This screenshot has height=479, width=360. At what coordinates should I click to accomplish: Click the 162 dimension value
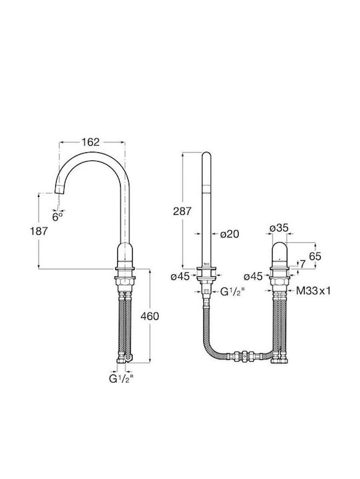[91, 142]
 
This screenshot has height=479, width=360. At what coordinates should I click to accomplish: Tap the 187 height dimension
[39, 232]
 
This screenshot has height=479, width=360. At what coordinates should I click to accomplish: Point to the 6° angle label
[57, 217]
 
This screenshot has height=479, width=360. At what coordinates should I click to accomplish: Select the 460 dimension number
[150, 316]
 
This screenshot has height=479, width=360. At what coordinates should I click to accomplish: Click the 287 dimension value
[182, 211]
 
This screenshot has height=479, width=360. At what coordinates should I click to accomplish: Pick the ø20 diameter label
[229, 234]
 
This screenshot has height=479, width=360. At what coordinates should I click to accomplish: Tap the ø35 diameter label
[279, 228]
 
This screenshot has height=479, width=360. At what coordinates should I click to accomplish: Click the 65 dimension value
[315, 256]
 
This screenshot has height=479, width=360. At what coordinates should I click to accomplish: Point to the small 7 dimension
[303, 264]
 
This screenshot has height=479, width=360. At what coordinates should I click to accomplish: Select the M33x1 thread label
[313, 291]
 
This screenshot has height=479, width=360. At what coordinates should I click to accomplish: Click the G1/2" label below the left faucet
[121, 378]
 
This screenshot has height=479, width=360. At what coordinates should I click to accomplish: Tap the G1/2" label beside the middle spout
[233, 292]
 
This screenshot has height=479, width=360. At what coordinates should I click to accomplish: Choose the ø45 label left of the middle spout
[180, 277]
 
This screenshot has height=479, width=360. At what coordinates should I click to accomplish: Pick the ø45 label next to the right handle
[253, 277]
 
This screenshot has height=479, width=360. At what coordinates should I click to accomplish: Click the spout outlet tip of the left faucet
[59, 190]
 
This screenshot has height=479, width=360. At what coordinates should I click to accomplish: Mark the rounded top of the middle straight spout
[207, 154]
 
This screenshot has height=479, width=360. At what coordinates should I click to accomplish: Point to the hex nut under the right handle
[279, 282]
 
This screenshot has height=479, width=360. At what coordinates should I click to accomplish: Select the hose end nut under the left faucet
[122, 360]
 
